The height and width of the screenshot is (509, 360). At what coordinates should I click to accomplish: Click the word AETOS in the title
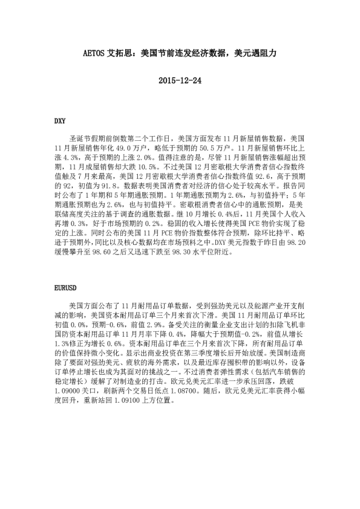pos(93,53)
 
